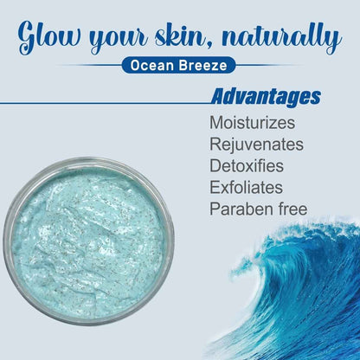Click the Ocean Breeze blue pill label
[x=178, y=64]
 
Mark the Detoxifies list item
[x=247, y=164]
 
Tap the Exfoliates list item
[x=247, y=186]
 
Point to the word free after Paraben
[x=290, y=208]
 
